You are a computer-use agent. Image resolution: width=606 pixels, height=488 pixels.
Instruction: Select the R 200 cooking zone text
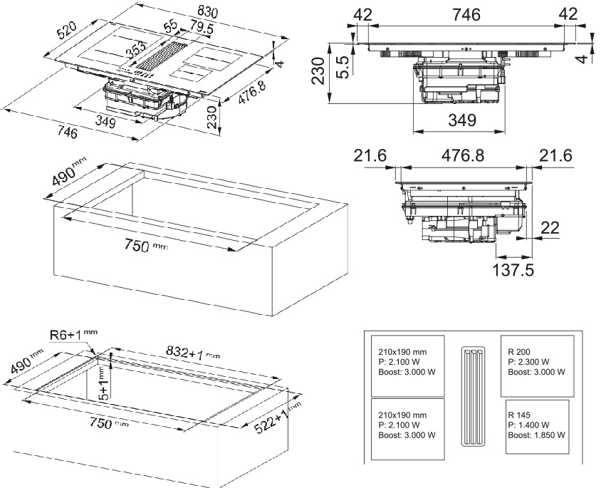[x=520, y=352]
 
